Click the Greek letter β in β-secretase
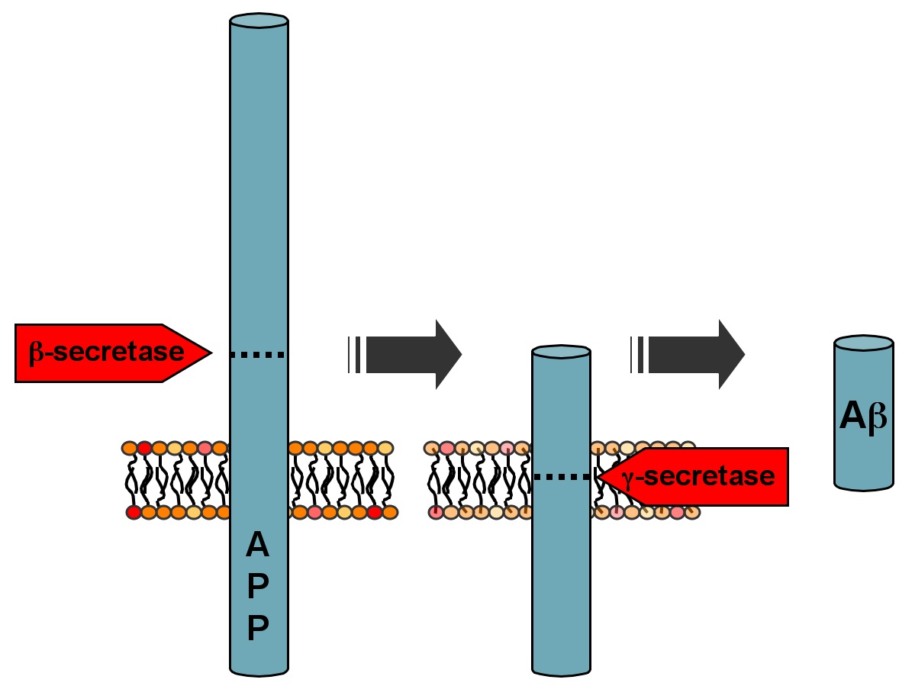point(35,353)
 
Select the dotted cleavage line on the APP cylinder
point(258,355)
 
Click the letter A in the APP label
point(258,546)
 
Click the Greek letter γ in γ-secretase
point(629,478)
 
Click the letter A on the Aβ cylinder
point(852,416)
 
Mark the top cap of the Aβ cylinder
point(863,343)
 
